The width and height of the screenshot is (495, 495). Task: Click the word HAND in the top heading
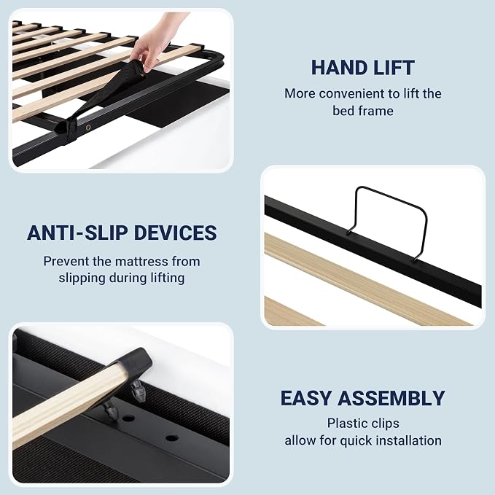click(x=336, y=68)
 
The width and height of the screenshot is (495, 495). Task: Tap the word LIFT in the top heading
click(x=391, y=68)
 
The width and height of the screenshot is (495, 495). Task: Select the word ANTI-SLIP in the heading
click(x=77, y=233)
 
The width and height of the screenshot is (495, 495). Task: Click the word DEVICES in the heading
click(x=176, y=233)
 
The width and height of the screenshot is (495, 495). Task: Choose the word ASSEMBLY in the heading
click(x=391, y=398)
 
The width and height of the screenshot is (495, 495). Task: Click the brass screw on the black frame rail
click(x=88, y=128)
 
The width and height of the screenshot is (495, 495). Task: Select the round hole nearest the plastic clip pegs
click(x=128, y=419)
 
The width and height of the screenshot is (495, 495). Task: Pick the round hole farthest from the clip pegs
click(x=172, y=438)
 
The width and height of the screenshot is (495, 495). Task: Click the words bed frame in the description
click(x=363, y=111)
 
